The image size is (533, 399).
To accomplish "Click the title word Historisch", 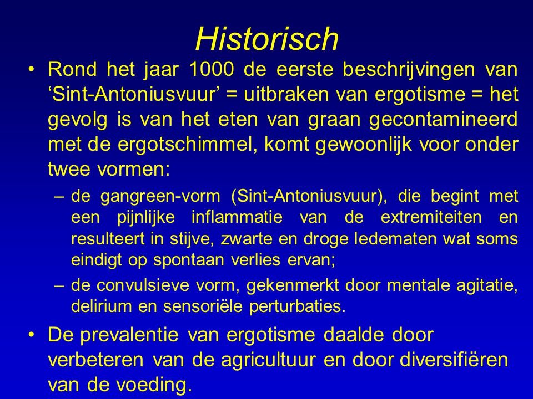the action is (267, 38).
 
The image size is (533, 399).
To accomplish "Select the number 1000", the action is (212, 69).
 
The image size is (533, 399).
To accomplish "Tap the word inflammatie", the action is (237, 217).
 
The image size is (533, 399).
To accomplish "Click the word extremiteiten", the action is (431, 217).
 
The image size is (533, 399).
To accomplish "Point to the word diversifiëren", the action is (454, 359).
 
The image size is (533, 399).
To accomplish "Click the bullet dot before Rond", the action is (32, 69).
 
